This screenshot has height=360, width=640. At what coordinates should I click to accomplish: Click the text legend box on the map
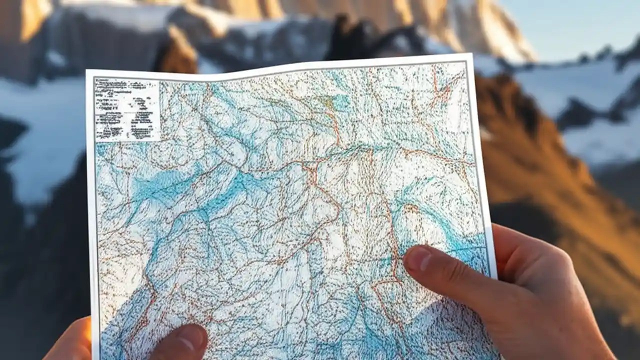127,109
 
